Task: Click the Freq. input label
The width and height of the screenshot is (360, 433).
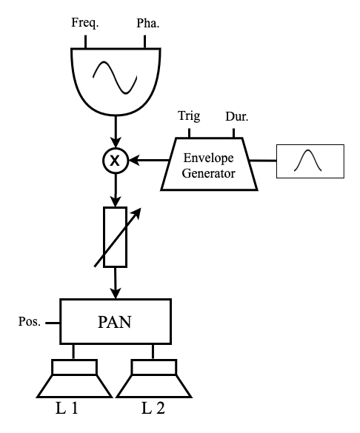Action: click(x=85, y=23)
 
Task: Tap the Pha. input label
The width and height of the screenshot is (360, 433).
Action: click(x=148, y=23)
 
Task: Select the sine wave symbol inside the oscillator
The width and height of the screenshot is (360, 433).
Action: click(x=115, y=78)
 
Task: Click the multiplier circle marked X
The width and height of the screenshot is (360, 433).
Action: click(x=116, y=161)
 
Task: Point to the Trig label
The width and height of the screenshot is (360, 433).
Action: click(x=189, y=115)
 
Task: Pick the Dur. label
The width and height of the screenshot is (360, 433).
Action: click(x=237, y=116)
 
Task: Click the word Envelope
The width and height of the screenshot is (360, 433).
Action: click(x=209, y=158)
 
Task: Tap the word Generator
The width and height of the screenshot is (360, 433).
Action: click(x=209, y=173)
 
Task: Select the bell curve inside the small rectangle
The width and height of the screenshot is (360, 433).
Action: click(x=308, y=160)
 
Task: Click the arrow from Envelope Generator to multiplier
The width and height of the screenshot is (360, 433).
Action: click(x=149, y=160)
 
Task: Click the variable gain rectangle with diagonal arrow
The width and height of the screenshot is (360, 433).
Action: click(x=116, y=237)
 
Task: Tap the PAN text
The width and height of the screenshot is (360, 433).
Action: click(x=114, y=322)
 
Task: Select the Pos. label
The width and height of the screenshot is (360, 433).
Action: click(x=30, y=322)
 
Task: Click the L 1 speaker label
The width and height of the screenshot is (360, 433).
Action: click(x=67, y=408)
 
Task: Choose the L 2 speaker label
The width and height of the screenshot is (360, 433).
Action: click(x=153, y=408)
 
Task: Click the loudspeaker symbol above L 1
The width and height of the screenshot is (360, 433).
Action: click(x=74, y=378)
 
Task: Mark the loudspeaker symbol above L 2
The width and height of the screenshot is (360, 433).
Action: click(x=154, y=378)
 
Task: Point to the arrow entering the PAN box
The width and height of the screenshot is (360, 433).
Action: click(x=116, y=283)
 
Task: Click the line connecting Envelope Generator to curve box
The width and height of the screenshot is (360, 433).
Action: click(x=263, y=160)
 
